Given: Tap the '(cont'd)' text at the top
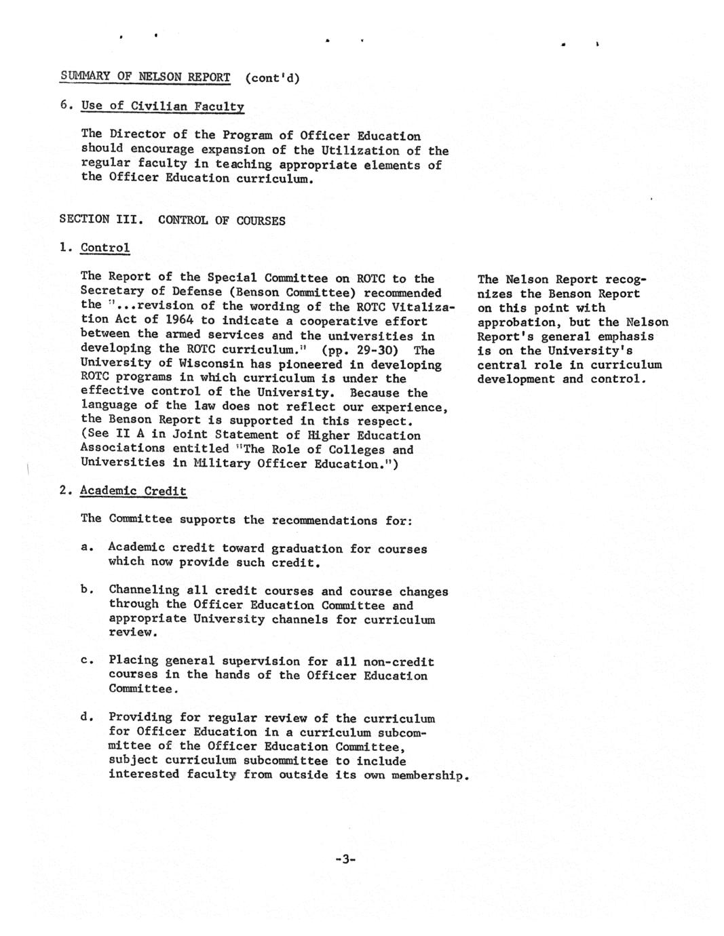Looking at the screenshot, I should pyautogui.click(x=273, y=77).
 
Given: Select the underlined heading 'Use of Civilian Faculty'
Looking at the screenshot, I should pyautogui.click(x=161, y=106).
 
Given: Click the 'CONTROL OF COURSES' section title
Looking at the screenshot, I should pyautogui.click(x=221, y=220).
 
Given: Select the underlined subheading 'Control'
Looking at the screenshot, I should pyautogui.click(x=104, y=248).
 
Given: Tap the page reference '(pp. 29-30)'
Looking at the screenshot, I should pyautogui.click(x=359, y=350).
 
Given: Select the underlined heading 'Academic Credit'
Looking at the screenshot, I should pyautogui.click(x=133, y=491).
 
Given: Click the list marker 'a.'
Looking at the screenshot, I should pyautogui.click(x=85, y=547).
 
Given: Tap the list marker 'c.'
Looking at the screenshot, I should pyautogui.click(x=85, y=660).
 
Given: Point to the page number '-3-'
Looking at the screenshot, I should pyautogui.click(x=345, y=859).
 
